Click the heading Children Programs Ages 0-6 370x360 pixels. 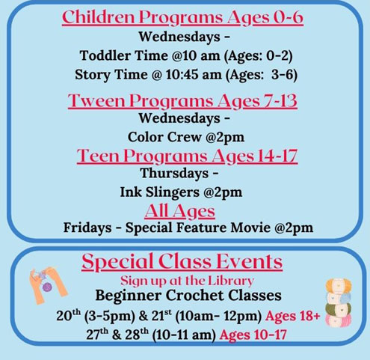(182, 17)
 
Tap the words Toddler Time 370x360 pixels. (124, 55)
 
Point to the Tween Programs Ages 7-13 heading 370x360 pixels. (182, 101)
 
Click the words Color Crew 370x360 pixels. (164, 137)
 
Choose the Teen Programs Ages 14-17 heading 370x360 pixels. (187, 156)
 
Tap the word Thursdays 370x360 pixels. (174, 174)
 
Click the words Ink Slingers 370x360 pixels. (160, 192)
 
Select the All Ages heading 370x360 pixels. (179, 212)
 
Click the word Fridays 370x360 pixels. (87, 228)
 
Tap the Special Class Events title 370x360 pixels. (182, 262)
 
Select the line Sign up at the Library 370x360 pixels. (187, 281)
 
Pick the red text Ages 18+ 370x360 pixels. (292, 316)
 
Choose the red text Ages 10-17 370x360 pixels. (253, 335)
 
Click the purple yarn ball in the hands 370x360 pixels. (47, 287)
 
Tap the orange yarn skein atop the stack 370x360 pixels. (339, 285)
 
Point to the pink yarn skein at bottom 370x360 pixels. (339, 320)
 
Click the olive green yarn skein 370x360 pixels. (339, 309)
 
